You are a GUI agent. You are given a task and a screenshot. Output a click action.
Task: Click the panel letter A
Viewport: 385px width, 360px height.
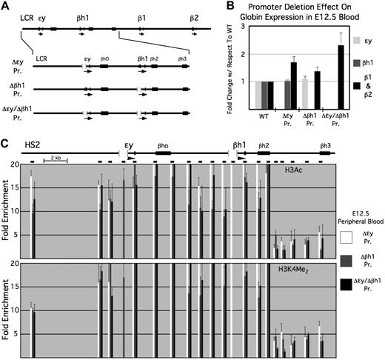(6, 6)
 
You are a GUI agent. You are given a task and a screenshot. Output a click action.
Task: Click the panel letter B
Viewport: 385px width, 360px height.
(203, 6)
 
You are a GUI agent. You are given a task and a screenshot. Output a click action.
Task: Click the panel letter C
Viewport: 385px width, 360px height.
(6, 141)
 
